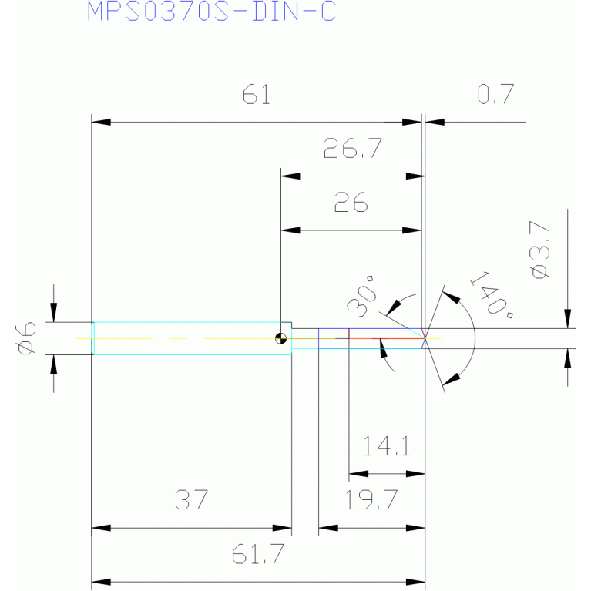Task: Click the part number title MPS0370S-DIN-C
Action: pos(211,12)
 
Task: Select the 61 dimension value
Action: pos(257,94)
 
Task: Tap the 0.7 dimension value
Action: pos(495,94)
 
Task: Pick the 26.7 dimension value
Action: pos(353,148)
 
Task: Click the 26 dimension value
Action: pos(351,202)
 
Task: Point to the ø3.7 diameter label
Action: pos(539,250)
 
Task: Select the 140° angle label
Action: pos(492,294)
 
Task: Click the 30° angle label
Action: pos(362,297)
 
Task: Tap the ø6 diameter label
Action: pos(26,338)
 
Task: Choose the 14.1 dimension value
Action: pos(386,446)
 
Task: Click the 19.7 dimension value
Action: pos(371,500)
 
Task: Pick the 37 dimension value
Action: pos(191,500)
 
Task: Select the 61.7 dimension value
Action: pos(258,554)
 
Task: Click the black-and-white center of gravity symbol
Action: pos(280,338)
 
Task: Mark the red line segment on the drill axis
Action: pos(386,338)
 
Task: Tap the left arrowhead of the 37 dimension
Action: pos(101,528)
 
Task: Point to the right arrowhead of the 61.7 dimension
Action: pos(415,583)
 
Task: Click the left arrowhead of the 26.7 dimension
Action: pos(290,176)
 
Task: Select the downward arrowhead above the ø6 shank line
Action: pos(53,313)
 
